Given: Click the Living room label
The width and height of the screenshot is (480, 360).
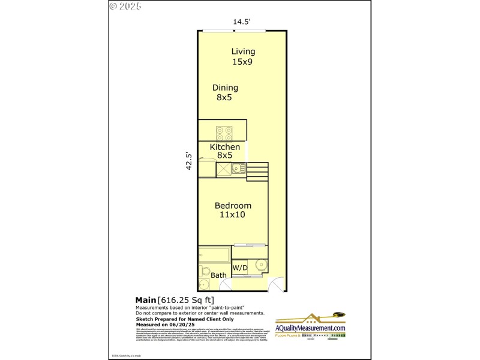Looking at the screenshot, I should [243, 52].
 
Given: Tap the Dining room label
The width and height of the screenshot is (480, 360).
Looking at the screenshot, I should [225, 88].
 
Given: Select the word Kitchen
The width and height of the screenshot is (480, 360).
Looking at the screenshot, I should [225, 147].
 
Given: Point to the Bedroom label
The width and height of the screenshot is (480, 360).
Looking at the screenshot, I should [233, 206].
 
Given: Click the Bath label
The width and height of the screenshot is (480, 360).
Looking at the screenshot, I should [218, 275].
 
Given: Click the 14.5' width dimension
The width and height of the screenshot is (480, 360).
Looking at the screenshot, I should [241, 22].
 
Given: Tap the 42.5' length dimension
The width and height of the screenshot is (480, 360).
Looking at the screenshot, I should [189, 161].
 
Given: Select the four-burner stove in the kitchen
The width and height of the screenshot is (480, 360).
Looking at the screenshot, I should [224, 133].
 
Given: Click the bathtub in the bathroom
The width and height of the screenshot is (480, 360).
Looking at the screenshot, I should [214, 256].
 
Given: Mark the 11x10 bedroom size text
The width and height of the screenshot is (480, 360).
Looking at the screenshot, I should [233, 215].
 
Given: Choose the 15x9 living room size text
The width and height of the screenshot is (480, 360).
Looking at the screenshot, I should [243, 61].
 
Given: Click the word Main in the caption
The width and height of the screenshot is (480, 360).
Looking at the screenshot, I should [145, 300].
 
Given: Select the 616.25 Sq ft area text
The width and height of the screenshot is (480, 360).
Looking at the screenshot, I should [186, 300].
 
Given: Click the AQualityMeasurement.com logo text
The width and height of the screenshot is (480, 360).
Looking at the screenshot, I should [310, 328].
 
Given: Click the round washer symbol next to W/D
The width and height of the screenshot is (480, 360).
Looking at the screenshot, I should [261, 265].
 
